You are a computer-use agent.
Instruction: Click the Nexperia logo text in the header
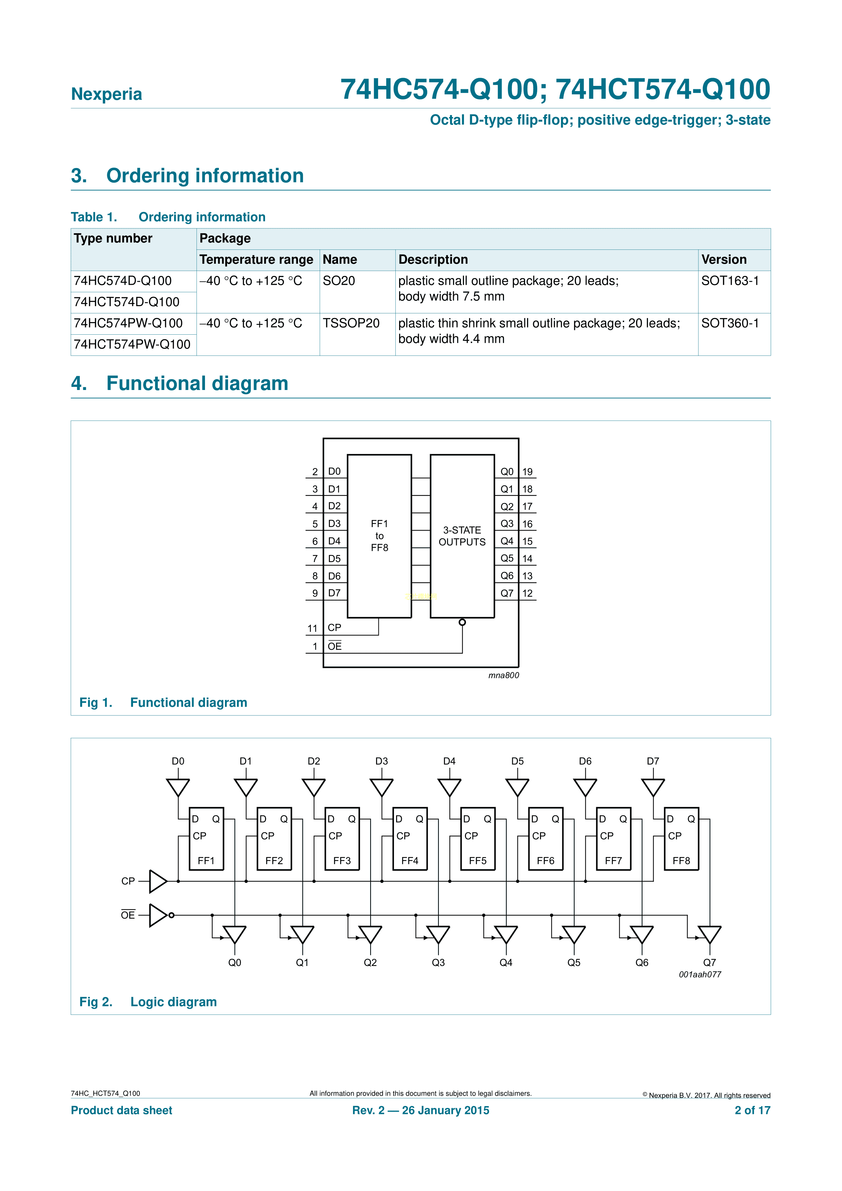106,94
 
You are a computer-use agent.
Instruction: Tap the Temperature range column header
256,259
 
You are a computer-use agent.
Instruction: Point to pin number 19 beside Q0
527,471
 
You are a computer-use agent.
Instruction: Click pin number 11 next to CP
312,628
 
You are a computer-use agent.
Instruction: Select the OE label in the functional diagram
335,646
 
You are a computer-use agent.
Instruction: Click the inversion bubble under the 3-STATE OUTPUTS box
462,622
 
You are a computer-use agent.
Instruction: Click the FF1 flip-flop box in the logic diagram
206,838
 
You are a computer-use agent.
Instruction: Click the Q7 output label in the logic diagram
709,962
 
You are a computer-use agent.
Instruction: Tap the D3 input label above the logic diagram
381,761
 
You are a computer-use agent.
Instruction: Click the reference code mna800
503,675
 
